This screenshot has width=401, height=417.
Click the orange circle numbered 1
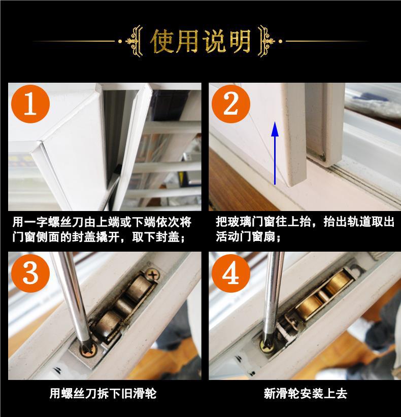pyautogui.click(x=30, y=103)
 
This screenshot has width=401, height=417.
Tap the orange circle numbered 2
pyautogui.click(x=230, y=103)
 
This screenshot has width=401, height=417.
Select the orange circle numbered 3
pyautogui.click(x=30, y=273)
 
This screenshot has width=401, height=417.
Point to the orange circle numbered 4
pyautogui.click(x=230, y=273)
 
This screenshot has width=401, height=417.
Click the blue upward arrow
pyautogui.click(x=275, y=153)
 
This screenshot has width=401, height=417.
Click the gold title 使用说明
pyautogui.click(x=201, y=41)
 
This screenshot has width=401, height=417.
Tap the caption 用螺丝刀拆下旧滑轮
pyautogui.click(x=103, y=393)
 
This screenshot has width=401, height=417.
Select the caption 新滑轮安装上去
pyautogui.click(x=306, y=393)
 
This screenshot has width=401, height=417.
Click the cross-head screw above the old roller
pyautogui.click(x=152, y=275)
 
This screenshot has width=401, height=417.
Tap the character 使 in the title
pyautogui.click(x=162, y=41)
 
